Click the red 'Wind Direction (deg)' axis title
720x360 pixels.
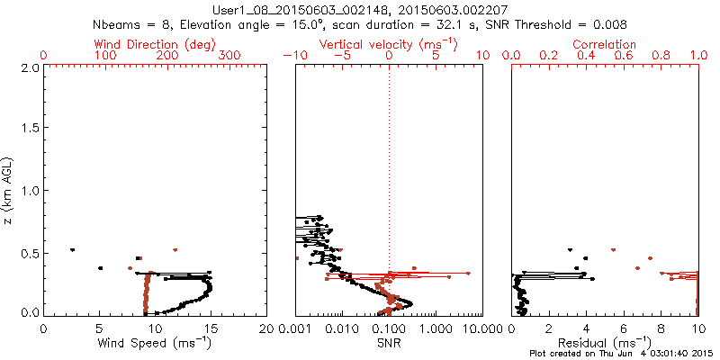(155, 44)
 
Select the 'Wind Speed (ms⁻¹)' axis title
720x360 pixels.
(155, 342)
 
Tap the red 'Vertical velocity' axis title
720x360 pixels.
(389, 44)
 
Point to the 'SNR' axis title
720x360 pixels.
(389, 342)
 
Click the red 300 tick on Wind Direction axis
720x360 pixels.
(229, 56)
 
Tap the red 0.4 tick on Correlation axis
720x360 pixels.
(587, 56)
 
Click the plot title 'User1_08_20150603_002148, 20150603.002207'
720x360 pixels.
(359, 10)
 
